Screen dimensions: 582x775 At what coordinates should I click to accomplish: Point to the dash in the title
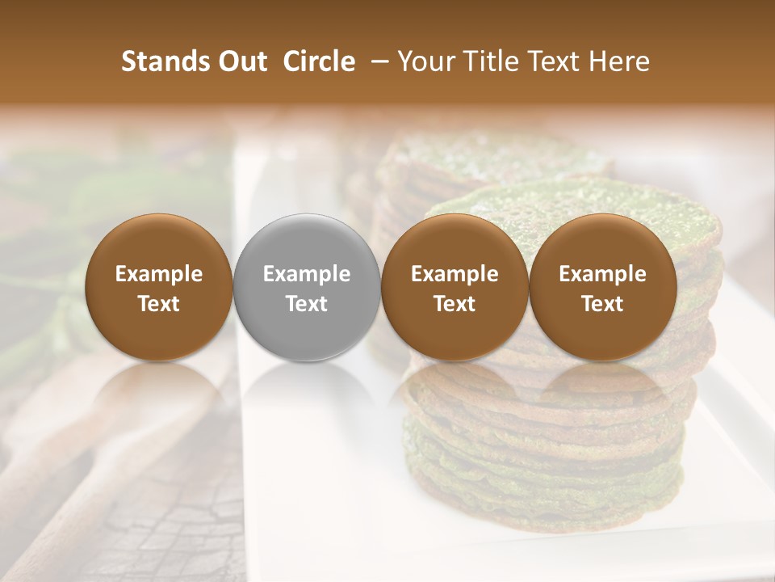click(376, 61)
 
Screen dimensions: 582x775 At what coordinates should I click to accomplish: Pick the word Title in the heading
click(484, 61)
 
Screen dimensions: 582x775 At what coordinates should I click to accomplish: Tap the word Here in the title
click(618, 61)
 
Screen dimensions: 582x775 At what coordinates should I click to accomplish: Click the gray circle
click(307, 287)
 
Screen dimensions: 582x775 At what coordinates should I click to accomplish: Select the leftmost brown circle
click(158, 287)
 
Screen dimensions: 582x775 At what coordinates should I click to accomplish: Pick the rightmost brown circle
click(602, 287)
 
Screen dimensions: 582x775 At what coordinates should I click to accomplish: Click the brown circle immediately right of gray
click(455, 287)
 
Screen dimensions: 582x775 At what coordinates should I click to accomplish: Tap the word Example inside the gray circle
click(307, 274)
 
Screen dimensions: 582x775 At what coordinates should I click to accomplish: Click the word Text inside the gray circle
click(307, 304)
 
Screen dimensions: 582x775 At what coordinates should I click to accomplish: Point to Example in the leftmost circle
click(158, 274)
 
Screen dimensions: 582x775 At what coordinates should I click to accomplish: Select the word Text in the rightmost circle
click(602, 304)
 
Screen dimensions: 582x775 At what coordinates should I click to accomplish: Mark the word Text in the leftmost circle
click(158, 304)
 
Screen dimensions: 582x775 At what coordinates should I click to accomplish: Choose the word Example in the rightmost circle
click(602, 274)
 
